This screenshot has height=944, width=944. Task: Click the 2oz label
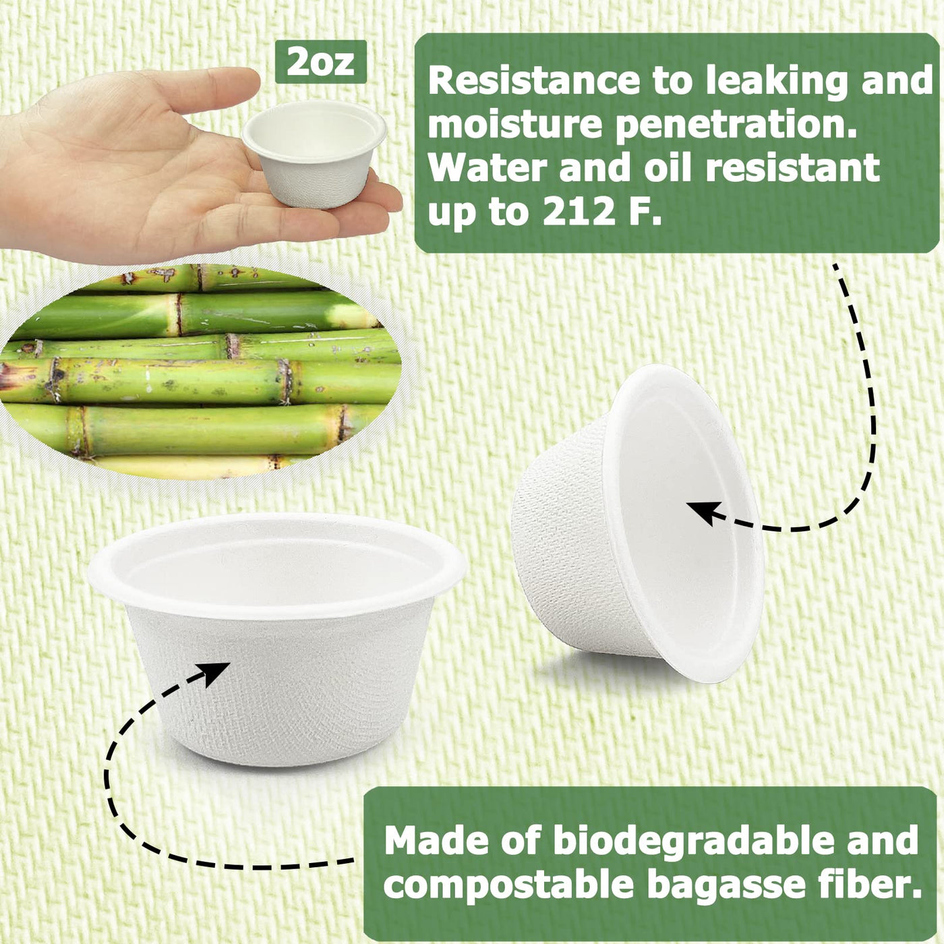[321, 62]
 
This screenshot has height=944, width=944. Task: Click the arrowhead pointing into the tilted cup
[703, 511]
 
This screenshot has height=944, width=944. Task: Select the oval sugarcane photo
[198, 371]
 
